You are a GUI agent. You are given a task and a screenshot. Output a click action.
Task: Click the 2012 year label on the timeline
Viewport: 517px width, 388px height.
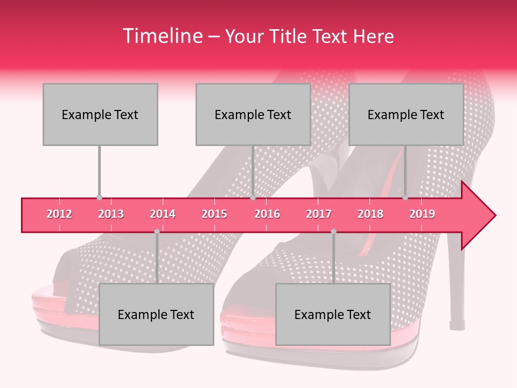coord(59,214)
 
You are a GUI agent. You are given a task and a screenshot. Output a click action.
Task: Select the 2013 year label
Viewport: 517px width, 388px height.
coord(111,214)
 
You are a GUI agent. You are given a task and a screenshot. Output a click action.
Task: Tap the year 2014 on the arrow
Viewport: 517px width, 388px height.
coord(163,214)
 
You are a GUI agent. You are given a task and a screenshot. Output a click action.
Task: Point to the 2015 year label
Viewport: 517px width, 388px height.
coord(214,214)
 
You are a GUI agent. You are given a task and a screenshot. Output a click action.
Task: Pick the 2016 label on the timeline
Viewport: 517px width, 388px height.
coord(267,214)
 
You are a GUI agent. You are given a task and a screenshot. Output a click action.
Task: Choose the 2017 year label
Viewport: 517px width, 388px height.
coord(319,214)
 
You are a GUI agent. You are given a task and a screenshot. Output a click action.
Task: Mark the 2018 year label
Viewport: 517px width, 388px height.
coord(371,214)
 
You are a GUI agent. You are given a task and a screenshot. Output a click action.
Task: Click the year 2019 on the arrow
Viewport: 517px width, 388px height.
coord(422,214)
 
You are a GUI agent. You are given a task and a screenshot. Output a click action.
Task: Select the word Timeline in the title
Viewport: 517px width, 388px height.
coord(162,36)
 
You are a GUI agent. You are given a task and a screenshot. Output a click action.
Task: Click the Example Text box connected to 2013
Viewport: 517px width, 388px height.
coord(100,114)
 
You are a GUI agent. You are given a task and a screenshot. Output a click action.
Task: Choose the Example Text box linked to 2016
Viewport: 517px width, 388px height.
coord(253,114)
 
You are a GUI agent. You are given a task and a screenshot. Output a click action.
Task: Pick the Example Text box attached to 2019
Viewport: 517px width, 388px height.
coord(406,114)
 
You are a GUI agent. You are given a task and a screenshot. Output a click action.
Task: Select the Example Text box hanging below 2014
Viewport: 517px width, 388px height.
coord(156,314)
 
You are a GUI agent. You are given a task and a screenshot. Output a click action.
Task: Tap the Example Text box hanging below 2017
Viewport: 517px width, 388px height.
coord(333,314)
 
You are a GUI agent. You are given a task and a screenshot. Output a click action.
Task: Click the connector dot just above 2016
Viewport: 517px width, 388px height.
coord(253,198)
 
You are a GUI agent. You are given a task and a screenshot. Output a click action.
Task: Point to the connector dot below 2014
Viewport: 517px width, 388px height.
coord(157,231)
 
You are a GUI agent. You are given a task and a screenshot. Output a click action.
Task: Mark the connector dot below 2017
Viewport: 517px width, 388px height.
coord(333,231)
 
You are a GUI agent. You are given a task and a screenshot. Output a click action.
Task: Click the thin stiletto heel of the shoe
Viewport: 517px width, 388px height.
coord(457,291)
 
